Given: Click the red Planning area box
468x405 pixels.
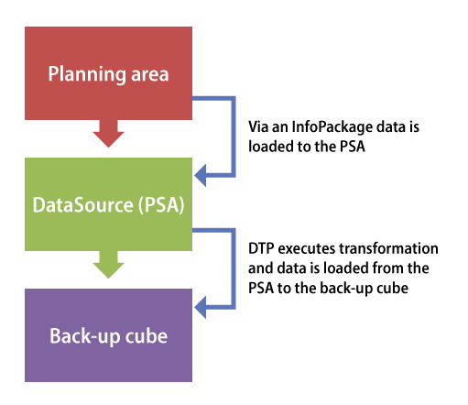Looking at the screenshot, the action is click(x=108, y=73).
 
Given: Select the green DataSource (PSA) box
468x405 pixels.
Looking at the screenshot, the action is click(x=108, y=204).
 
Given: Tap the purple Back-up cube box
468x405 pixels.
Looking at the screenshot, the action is click(x=108, y=335).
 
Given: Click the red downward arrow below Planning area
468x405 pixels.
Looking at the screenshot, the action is click(x=108, y=134).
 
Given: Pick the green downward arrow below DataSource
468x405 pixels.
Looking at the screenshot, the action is click(x=108, y=265).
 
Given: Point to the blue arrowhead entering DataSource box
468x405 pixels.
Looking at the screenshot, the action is click(x=201, y=175).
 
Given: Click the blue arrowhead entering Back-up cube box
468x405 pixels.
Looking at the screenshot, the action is click(x=201, y=307).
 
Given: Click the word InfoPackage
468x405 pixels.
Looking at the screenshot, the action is click(x=332, y=127).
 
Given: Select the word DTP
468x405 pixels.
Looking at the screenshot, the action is click(x=261, y=248).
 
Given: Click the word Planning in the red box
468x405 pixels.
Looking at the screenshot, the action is click(x=87, y=75).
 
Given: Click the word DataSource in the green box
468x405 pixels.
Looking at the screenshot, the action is click(x=83, y=204).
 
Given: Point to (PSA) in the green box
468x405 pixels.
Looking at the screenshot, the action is click(x=161, y=205).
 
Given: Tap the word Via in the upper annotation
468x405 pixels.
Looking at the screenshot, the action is click(x=258, y=126).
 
